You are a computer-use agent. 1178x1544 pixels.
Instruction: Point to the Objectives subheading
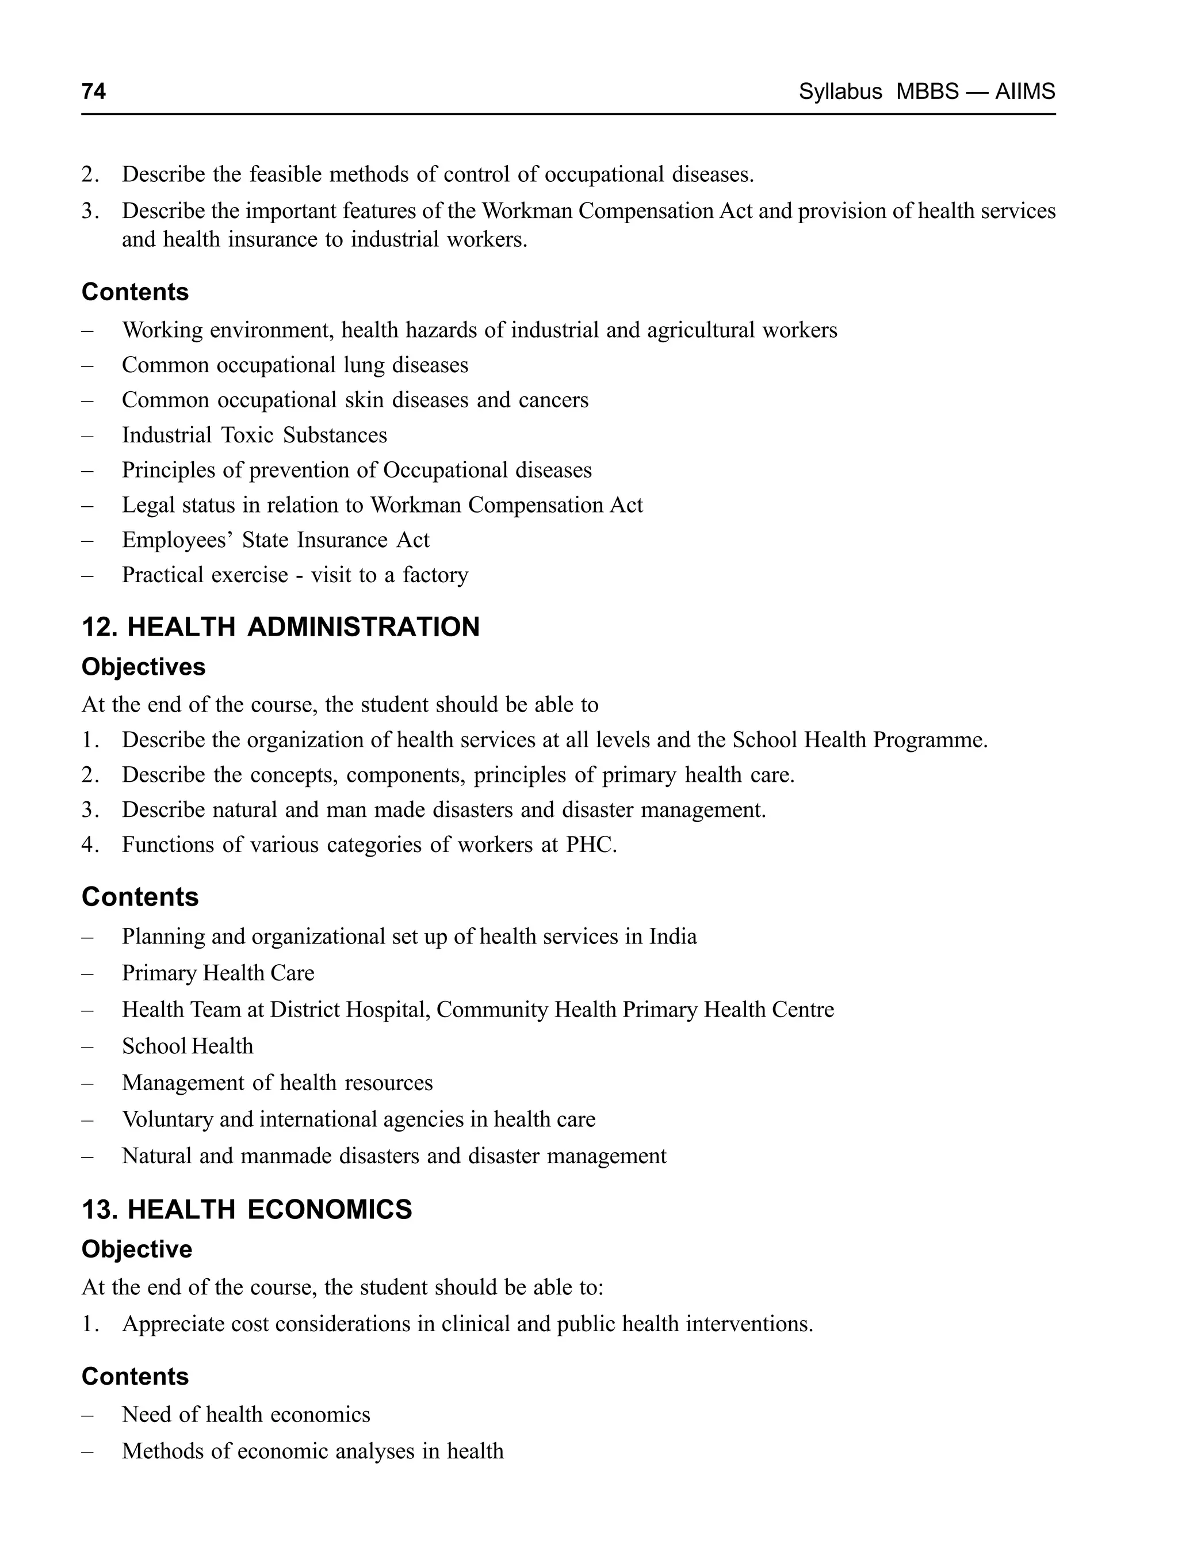click(143, 666)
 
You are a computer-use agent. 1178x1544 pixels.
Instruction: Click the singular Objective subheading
click(137, 1249)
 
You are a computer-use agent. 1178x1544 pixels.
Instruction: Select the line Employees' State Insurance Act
click(276, 540)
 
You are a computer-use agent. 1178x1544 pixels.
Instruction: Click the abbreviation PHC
click(590, 844)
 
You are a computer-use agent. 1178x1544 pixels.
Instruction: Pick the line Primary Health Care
click(218, 973)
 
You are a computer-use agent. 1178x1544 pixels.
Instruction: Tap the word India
click(672, 936)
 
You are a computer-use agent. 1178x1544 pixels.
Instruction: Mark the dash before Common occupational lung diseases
click(87, 365)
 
